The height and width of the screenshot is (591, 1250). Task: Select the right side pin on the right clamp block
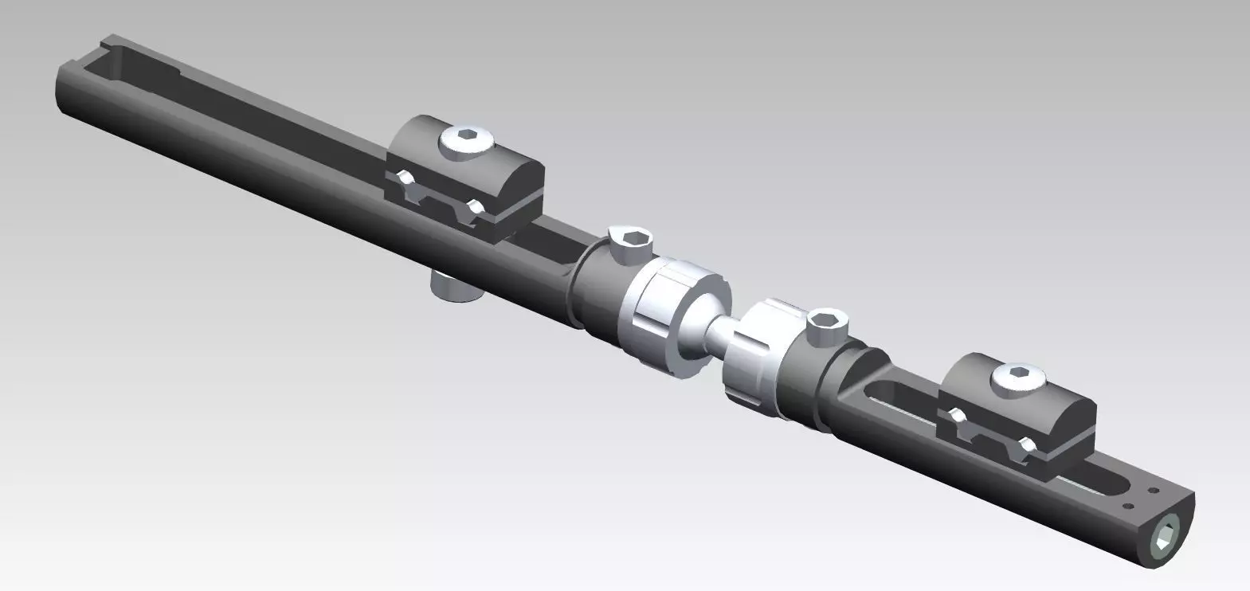tap(1029, 445)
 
